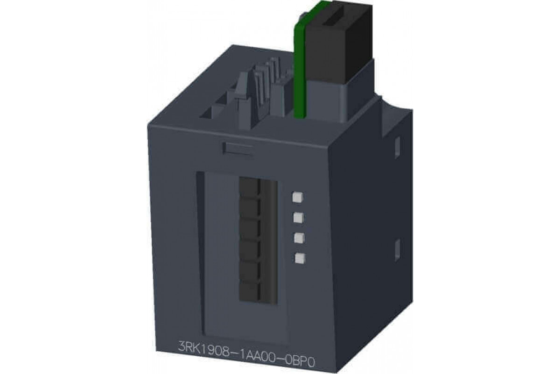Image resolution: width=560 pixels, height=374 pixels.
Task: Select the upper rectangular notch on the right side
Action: click(x=397, y=148)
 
